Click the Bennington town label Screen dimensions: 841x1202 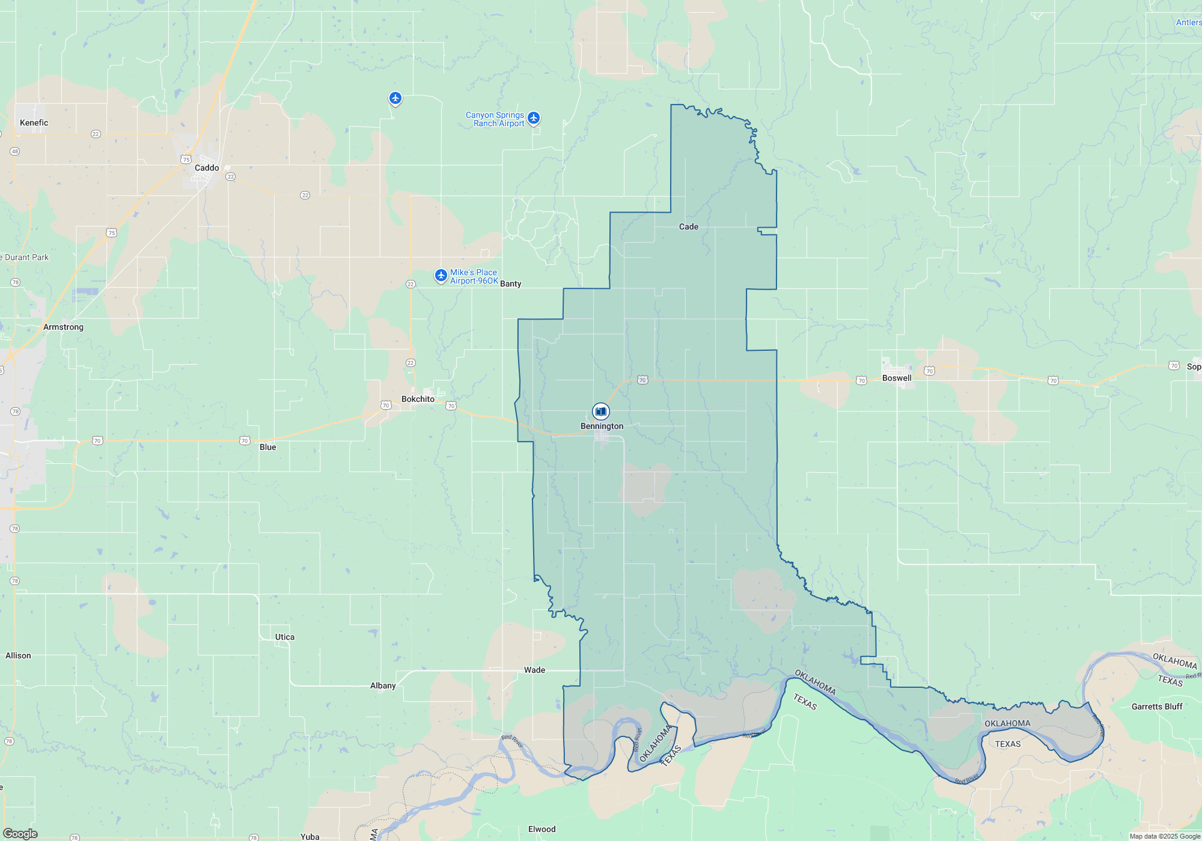coord(602,426)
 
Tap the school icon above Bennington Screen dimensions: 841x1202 coord(600,411)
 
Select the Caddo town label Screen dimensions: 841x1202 coord(207,168)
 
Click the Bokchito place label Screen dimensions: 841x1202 coord(418,399)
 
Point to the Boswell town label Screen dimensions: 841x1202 coord(897,378)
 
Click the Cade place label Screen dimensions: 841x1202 coord(689,226)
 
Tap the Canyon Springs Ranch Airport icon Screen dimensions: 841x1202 coord(534,118)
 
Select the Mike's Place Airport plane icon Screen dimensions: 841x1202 coord(441,276)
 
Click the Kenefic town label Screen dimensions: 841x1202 coord(34,123)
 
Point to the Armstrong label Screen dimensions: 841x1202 coord(63,327)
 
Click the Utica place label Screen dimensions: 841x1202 coord(285,637)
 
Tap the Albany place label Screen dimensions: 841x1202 coord(383,685)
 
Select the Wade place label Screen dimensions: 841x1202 coord(534,670)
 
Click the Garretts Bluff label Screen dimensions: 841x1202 coord(1157,706)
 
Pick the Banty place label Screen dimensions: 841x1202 coord(511,284)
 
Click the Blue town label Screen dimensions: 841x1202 coord(268,447)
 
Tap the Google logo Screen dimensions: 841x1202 coord(20,834)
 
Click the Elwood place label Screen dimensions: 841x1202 coord(542,829)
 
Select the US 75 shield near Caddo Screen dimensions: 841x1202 coord(186,160)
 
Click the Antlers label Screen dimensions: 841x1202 coord(1189,22)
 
